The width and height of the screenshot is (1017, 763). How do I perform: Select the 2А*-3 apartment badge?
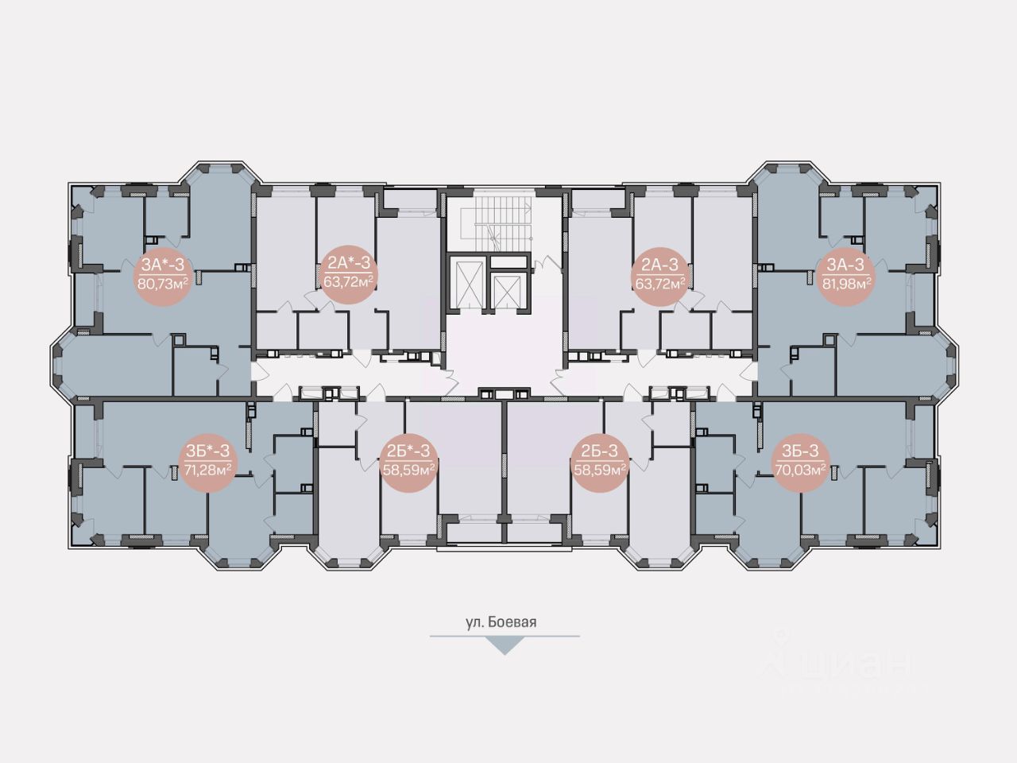[x=348, y=273]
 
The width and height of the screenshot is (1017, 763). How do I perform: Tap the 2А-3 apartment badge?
[x=659, y=273]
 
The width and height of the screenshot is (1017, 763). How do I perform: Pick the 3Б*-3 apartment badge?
[x=207, y=461]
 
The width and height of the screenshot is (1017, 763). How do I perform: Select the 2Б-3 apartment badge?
[x=600, y=461]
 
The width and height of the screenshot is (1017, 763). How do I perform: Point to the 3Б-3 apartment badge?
[x=799, y=461]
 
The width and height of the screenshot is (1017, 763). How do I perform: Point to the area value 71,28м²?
[x=207, y=470]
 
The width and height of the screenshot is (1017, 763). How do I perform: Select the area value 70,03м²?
[x=799, y=470]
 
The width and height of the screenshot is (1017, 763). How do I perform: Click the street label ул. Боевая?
[x=501, y=622]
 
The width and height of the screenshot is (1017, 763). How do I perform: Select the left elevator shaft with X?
[x=466, y=282]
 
